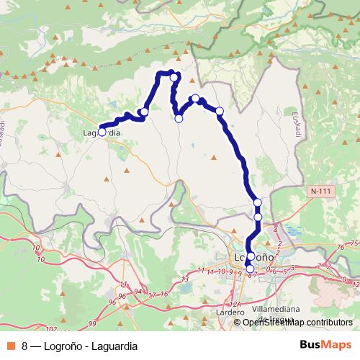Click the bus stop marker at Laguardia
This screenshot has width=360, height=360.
tap(102, 132)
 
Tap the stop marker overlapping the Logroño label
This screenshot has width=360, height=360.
tap(251, 256)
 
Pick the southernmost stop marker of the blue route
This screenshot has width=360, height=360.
tap(250, 269)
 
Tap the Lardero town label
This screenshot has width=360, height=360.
tap(230, 314)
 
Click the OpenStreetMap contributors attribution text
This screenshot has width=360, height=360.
tap(297, 323)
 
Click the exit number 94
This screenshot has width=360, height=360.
tap(138, 291)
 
